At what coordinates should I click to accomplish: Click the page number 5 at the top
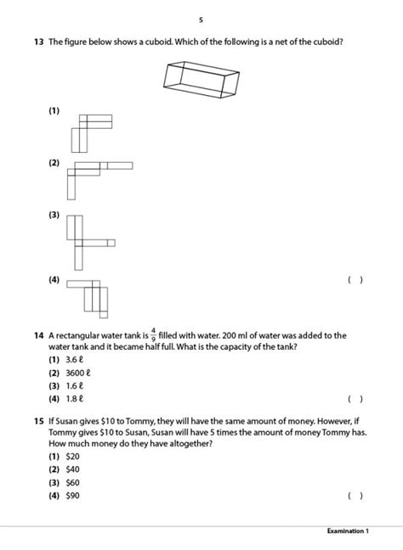[201, 20]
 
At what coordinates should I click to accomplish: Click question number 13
[39, 41]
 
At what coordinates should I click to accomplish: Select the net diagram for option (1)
[91, 129]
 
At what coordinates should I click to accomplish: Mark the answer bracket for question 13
[355, 279]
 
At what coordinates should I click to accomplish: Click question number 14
[39, 335]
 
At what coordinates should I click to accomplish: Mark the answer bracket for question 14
[355, 397]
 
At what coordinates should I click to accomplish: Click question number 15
[39, 420]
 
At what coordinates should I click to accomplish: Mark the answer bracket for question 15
[355, 495]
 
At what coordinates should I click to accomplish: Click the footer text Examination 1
[348, 531]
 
